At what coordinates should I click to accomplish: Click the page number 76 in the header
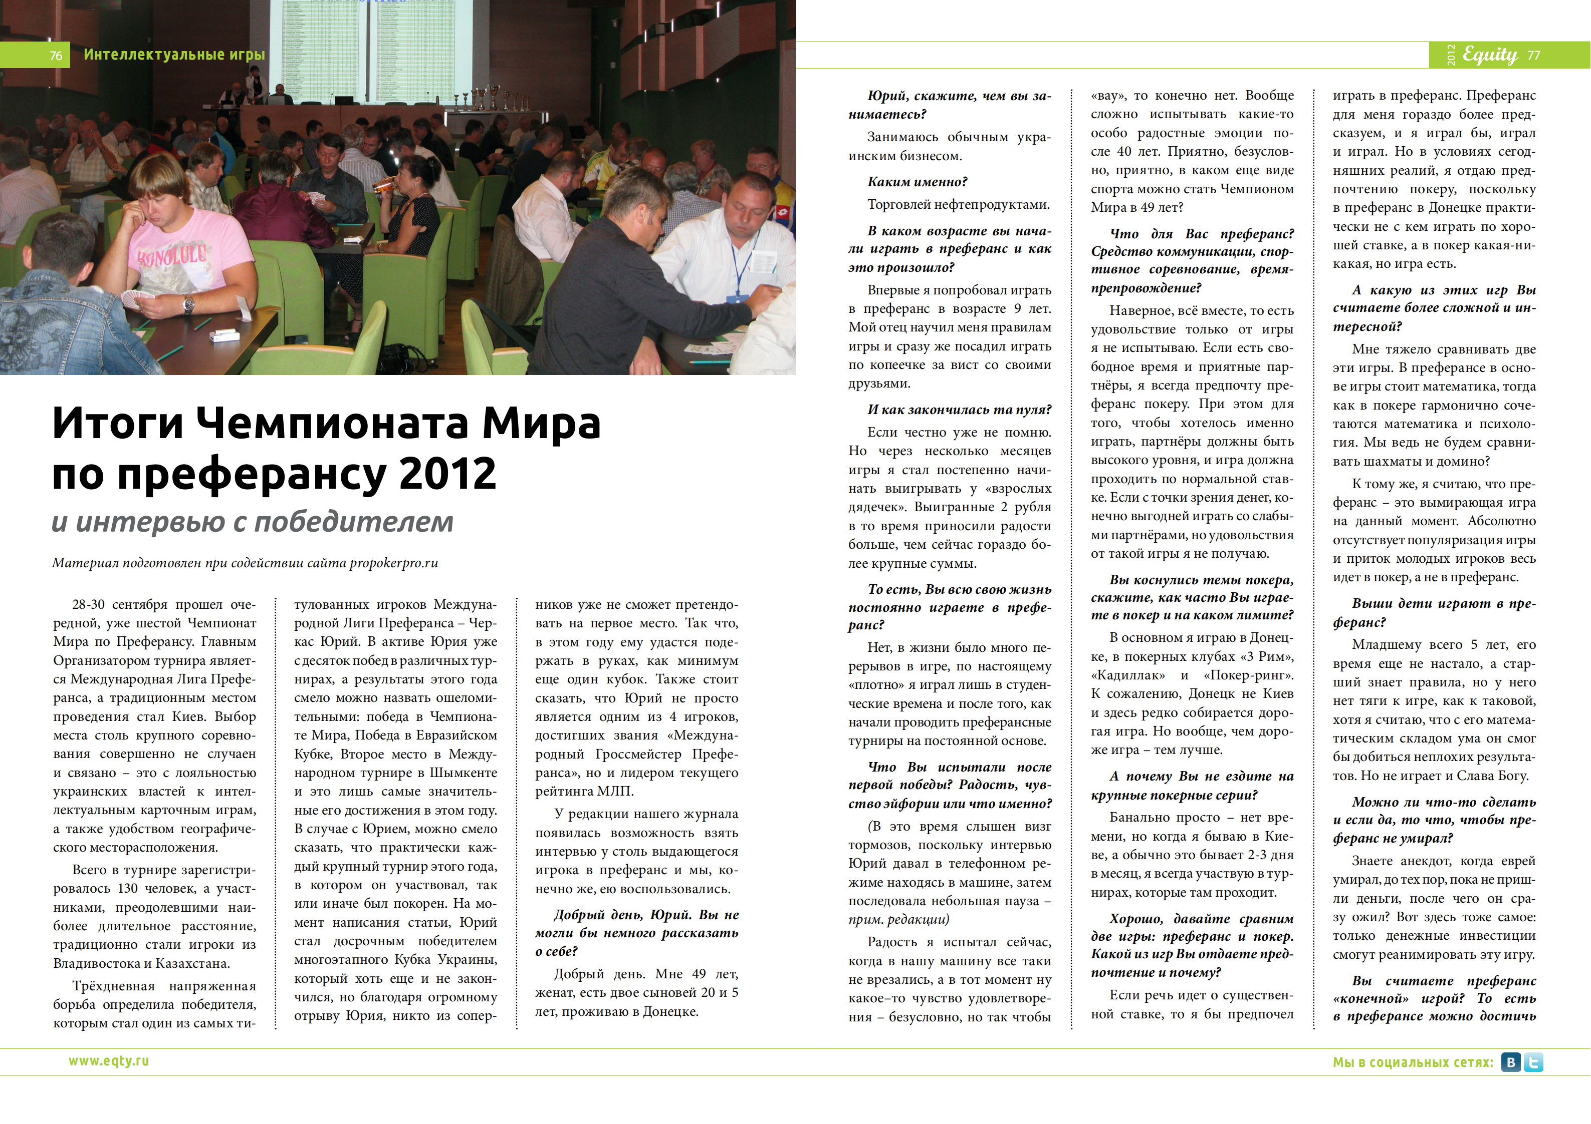56,56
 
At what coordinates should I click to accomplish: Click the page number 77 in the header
1533,55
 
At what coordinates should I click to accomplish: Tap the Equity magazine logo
1490,54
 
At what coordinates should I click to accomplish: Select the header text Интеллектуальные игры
174,54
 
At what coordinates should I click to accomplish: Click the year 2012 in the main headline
447,474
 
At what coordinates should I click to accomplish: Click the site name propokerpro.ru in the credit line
393,562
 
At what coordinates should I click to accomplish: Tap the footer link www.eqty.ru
108,1060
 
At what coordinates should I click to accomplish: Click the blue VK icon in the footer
1511,1062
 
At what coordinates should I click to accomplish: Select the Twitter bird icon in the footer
1533,1062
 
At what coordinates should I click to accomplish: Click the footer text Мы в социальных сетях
1413,1062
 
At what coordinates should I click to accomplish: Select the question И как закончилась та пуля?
959,409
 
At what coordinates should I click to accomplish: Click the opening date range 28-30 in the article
88,605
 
